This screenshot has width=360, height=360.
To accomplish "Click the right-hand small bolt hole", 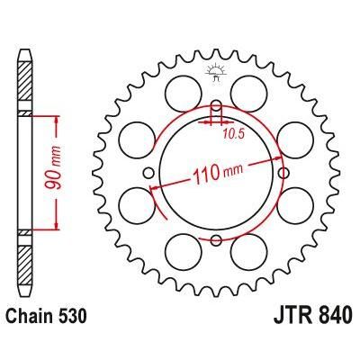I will (x=283, y=173).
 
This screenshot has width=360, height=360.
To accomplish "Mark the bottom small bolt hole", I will (x=217, y=238).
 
